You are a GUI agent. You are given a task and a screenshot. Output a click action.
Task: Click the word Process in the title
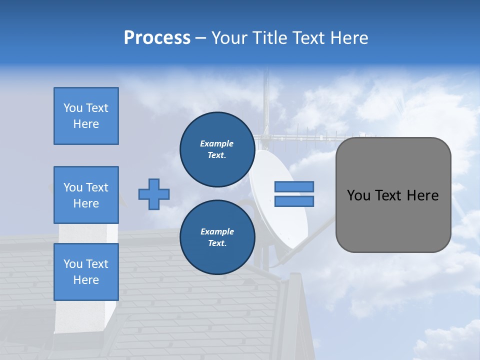pyautogui.click(x=157, y=38)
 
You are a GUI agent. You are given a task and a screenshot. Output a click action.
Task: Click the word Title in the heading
pyautogui.click(x=270, y=38)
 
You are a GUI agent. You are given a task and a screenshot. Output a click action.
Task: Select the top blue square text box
pyautogui.click(x=86, y=116)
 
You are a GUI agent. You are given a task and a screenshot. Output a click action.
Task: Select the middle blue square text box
pyautogui.click(x=86, y=195)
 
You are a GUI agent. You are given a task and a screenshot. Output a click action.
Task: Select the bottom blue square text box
pyautogui.click(x=86, y=271)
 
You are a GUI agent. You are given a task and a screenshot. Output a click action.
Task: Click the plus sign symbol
pyautogui.click(x=154, y=194)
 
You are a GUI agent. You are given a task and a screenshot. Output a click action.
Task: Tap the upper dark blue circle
pyautogui.click(x=217, y=149)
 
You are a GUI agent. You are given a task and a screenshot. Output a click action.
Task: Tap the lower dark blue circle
pyautogui.click(x=217, y=237)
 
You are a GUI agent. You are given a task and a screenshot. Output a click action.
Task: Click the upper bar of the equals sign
pyautogui.click(x=294, y=186)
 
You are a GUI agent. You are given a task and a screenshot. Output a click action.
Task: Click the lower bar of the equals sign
pyautogui.click(x=294, y=201)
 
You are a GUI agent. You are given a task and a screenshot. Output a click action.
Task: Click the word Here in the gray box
pyautogui.click(x=422, y=195)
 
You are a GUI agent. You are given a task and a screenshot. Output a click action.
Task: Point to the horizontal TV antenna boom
pyautogui.click(x=310, y=136)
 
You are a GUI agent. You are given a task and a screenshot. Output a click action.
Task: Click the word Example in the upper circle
pyautogui.click(x=217, y=143)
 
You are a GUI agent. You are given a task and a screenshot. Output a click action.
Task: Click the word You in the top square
pyautogui.click(x=73, y=108)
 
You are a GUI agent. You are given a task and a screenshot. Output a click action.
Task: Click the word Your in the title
pyautogui.click(x=230, y=38)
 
